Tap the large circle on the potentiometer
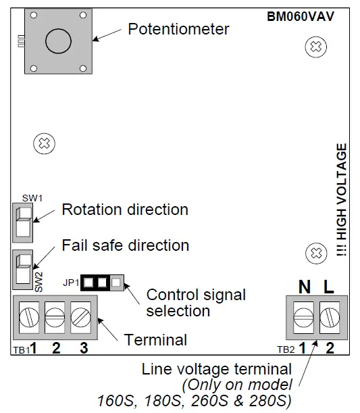(x=59, y=41)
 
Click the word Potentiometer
(x=178, y=29)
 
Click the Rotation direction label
(x=125, y=210)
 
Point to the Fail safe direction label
(x=126, y=244)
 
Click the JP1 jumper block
(x=102, y=281)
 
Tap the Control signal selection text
(x=195, y=303)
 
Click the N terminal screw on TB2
(x=304, y=316)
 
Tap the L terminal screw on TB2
(x=330, y=316)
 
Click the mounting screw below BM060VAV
(x=313, y=47)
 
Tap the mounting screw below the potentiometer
(x=44, y=143)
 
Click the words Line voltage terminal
(x=217, y=370)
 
